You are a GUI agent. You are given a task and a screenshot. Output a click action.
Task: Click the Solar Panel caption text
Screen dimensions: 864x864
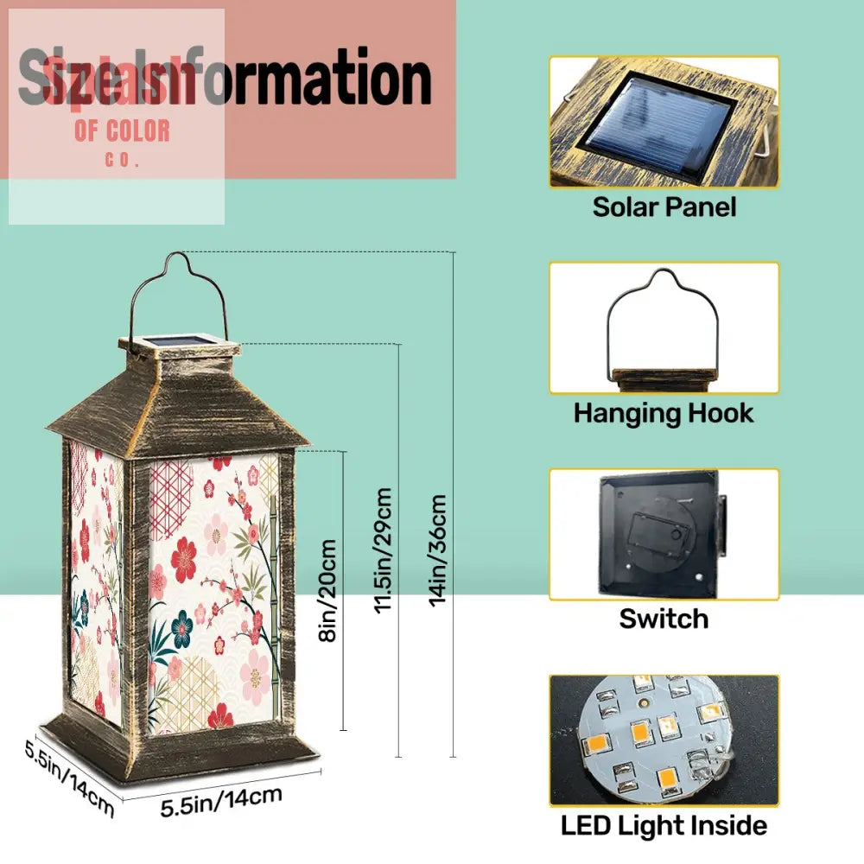[664, 207]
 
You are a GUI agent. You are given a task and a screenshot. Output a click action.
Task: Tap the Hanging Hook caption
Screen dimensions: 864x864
[664, 413]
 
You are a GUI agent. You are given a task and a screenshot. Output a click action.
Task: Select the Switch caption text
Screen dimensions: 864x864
[664, 619]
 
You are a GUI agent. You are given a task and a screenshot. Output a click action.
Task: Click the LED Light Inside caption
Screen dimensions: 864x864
[664, 825]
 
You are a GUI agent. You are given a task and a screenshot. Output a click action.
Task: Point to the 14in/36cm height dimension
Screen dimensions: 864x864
[439, 550]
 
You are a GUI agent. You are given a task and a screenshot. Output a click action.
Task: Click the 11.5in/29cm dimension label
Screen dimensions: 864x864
[384, 550]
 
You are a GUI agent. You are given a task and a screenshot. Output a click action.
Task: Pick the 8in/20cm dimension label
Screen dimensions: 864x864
[327, 591]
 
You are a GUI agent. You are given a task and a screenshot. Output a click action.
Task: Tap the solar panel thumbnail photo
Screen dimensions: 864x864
[664, 122]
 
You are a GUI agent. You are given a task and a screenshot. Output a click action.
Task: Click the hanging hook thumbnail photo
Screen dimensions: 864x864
[664, 328]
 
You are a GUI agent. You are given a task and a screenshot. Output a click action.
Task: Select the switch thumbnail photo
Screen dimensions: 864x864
[664, 535]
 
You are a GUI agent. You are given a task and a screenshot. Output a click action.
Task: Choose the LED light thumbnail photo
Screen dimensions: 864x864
[664, 740]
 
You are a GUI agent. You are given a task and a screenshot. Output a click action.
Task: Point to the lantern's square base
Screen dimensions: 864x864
[181, 747]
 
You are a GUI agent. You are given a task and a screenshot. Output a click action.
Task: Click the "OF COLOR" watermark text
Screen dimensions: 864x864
[122, 132]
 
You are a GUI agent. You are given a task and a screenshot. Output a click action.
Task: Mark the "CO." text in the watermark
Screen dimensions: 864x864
[122, 161]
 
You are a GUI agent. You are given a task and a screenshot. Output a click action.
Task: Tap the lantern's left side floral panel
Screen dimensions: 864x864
[95, 579]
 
